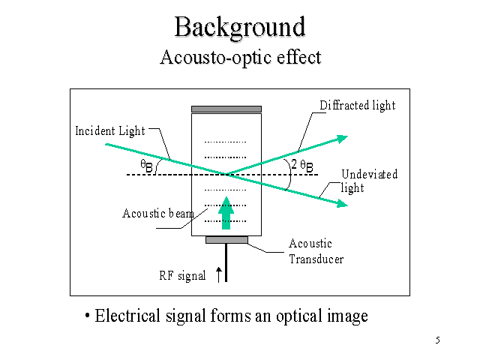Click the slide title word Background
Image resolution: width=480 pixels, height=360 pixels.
[240, 27]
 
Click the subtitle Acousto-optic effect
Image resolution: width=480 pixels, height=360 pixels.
[240, 58]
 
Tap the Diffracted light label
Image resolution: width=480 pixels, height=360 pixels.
[357, 106]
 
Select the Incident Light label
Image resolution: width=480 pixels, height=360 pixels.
[109, 131]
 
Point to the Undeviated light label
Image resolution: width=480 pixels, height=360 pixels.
[368, 181]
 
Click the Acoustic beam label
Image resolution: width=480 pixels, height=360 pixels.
[157, 214]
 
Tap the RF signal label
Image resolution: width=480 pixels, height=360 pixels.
[182, 275]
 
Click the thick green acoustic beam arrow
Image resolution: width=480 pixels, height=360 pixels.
[226, 208]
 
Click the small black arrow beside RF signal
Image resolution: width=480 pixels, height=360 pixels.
[218, 274]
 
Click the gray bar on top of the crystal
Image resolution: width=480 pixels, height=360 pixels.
[226, 109]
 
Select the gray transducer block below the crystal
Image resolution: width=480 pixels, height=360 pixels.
[226, 240]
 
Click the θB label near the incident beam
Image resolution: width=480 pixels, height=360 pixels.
[147, 166]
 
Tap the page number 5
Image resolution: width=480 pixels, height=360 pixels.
[437, 341]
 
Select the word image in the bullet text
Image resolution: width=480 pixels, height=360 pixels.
[347, 316]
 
